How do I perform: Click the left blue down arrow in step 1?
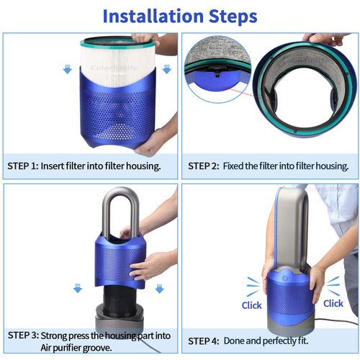click(x=67, y=69)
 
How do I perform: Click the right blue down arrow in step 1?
click(x=166, y=69)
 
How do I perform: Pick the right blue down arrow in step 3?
click(x=159, y=289)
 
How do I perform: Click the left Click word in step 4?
click(x=251, y=305)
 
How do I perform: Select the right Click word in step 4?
click(x=333, y=303)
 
